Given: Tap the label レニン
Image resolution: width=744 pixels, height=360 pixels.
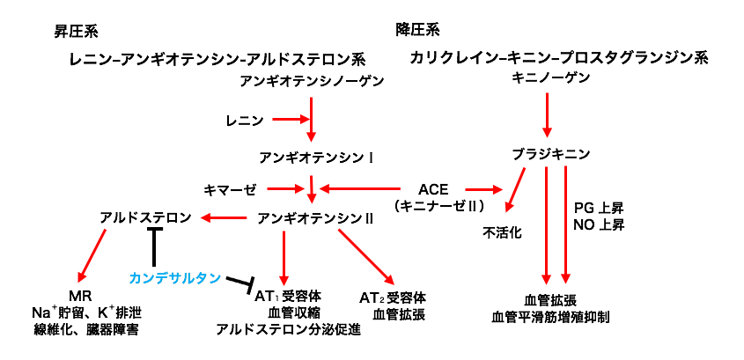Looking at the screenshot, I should pos(244,118).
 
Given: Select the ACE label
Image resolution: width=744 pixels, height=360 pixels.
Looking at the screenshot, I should pos(434,189).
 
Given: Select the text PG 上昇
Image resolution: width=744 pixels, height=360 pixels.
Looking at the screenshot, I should pos(599,209).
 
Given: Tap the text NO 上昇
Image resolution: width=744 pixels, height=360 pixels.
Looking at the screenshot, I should pos(599,225).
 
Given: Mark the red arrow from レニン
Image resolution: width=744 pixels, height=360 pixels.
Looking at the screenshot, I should pos(288,118).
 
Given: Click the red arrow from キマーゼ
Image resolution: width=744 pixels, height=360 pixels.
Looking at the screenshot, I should pos(284,188).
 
